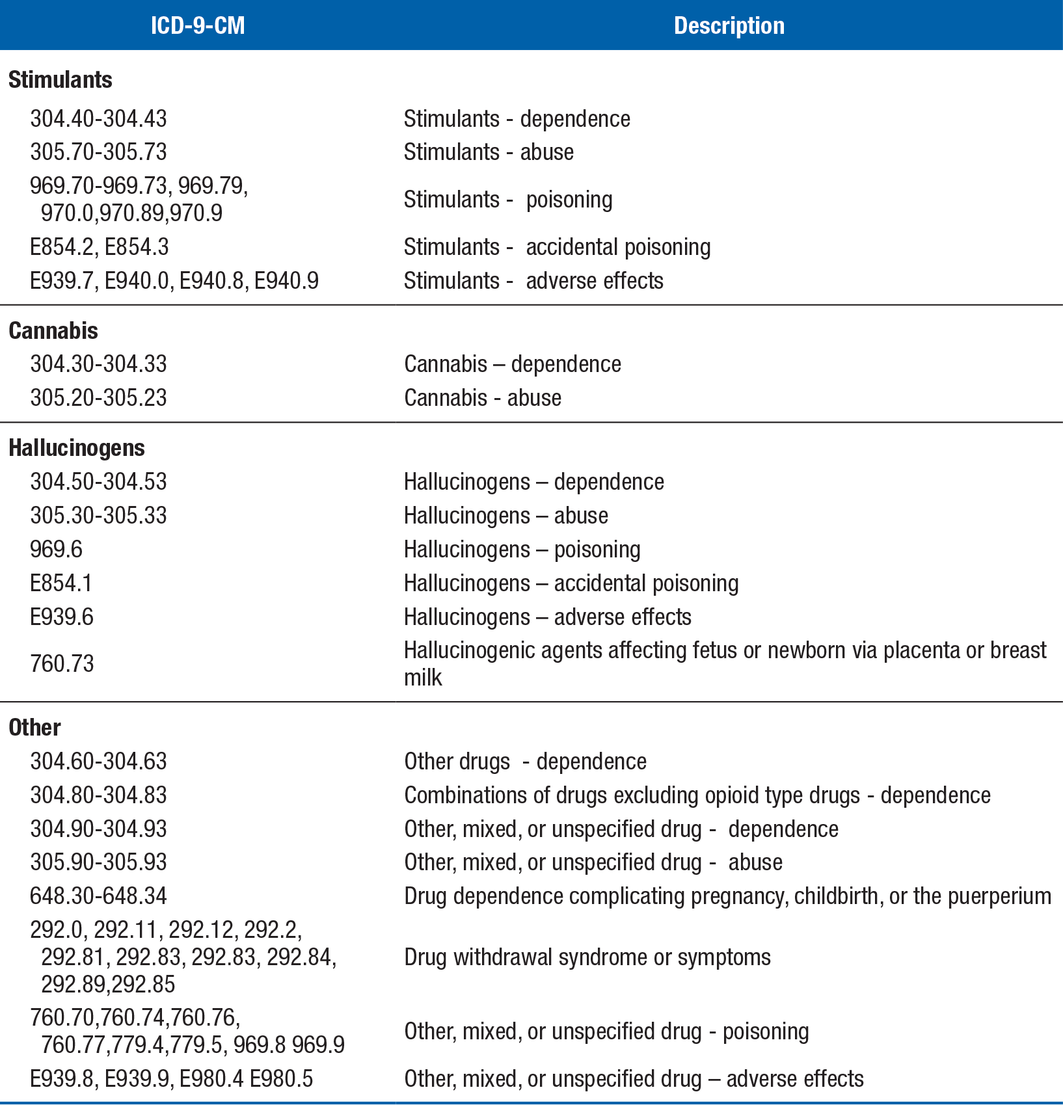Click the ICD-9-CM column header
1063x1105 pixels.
(198, 26)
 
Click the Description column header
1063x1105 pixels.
(729, 26)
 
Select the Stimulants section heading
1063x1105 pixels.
(61, 80)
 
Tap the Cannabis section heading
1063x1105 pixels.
(53, 331)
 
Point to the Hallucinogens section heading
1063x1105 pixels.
(77, 448)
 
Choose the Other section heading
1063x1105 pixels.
(35, 728)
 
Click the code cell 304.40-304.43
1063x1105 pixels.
(98, 119)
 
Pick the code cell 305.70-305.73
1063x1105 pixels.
(98, 152)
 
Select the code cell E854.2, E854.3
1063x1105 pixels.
(99, 247)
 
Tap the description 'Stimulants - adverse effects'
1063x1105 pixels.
(533, 281)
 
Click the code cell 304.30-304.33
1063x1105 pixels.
(98, 364)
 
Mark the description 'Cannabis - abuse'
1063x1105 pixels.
(482, 398)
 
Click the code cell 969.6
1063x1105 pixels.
(56, 550)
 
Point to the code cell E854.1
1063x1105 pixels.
(61, 583)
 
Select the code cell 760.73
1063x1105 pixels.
(62, 664)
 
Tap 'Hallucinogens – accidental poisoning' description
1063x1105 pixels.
(571, 583)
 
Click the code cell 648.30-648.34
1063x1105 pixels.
(98, 896)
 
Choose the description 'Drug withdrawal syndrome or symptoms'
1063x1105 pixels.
(587, 957)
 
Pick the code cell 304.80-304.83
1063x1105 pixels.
(98, 795)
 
